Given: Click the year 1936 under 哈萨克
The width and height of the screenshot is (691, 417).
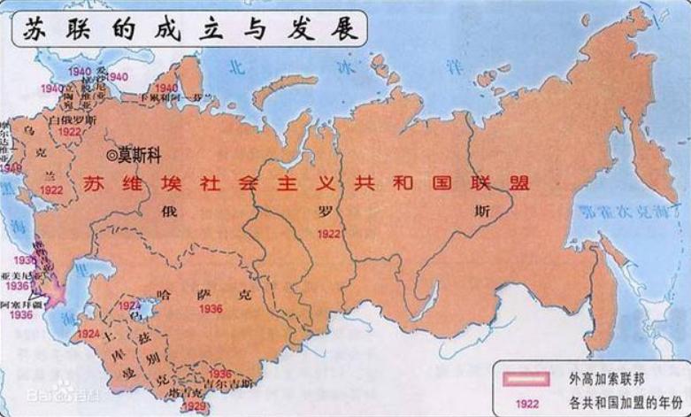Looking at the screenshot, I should (x=211, y=308).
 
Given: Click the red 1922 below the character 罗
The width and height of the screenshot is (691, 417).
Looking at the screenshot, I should (x=329, y=234).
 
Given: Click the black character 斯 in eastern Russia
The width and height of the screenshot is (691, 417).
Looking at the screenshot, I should (x=480, y=212).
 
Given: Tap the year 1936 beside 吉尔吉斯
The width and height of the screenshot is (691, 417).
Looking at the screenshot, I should (x=220, y=374).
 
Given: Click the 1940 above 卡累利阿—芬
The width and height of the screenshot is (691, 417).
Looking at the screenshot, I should (x=165, y=87).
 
